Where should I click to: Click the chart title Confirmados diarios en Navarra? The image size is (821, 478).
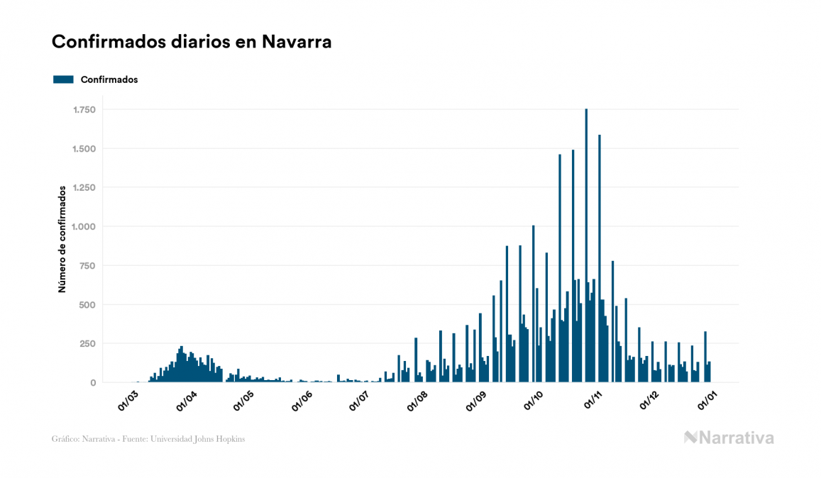pos(192,43)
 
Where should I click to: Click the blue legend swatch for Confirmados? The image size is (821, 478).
pos(63,79)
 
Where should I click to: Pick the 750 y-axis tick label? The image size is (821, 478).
pos(88,266)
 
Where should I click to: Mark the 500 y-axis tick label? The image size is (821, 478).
pos(88,305)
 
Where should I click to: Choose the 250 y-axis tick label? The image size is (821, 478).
pos(88,344)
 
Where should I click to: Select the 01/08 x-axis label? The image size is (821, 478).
pos(418,402)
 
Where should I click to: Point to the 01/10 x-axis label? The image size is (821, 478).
pos(534,402)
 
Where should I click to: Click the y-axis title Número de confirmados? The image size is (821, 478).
pos(62,239)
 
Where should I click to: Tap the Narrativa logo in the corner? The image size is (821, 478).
pos(729,438)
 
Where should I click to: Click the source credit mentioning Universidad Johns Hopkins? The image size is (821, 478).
pos(148,439)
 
